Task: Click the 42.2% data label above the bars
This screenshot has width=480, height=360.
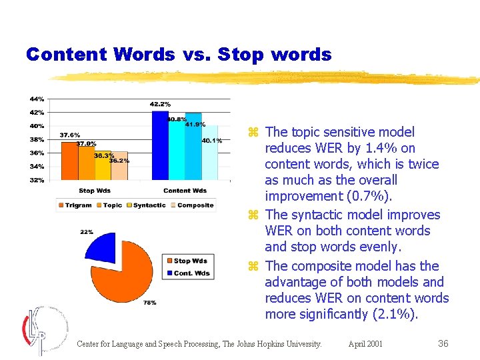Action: coord(160,105)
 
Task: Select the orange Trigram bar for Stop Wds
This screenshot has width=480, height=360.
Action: coord(69,161)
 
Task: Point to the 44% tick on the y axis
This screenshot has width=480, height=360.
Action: coord(36,99)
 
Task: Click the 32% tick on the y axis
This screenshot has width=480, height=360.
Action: coord(36,180)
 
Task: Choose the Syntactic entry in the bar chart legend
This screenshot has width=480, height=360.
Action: coord(149,205)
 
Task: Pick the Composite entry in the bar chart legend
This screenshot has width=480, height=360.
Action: coord(195,205)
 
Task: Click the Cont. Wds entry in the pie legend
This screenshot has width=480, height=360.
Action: coord(191,273)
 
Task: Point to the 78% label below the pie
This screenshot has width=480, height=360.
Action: coord(149,303)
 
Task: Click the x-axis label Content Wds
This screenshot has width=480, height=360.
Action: coord(185,191)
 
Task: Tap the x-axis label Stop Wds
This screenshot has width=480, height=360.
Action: coord(95,191)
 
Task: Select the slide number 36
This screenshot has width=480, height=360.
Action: coord(443,344)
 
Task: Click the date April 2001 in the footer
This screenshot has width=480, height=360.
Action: coord(365,344)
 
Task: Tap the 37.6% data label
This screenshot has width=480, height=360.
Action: coord(70,135)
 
